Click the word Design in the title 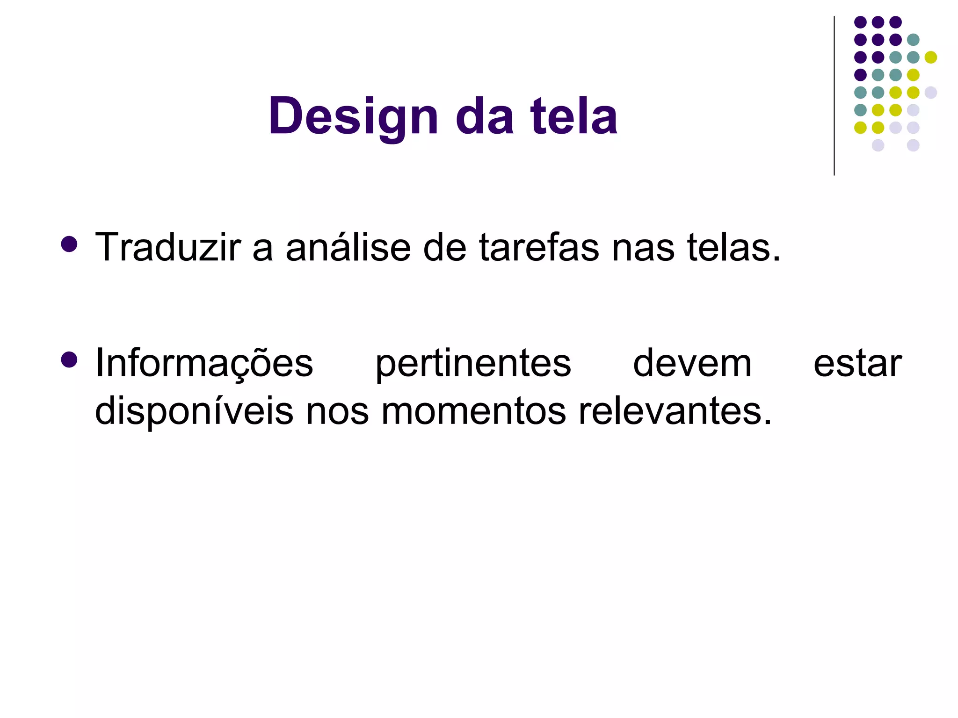point(353,116)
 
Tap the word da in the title point(485,116)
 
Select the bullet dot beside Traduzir point(69,244)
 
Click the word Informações point(204,364)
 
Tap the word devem point(692,363)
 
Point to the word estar point(857,364)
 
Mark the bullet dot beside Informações point(69,360)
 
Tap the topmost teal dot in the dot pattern point(913,40)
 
